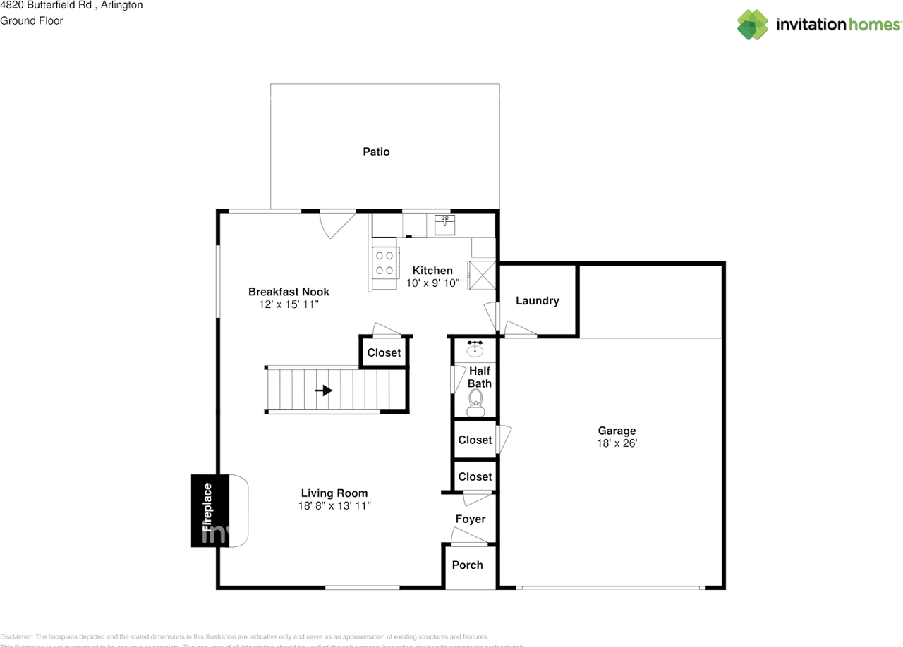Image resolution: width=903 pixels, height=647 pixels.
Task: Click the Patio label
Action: click(x=376, y=152)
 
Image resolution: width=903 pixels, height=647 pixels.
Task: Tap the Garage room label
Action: click(x=617, y=431)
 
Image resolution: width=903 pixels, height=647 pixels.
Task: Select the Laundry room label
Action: click(x=537, y=301)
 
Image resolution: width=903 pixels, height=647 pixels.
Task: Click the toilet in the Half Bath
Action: click(x=475, y=407)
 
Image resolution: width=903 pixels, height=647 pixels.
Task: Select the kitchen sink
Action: click(x=444, y=225)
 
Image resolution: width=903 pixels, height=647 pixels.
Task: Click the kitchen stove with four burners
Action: click(x=385, y=263)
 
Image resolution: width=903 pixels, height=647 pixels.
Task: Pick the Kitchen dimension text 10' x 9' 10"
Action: click(x=432, y=283)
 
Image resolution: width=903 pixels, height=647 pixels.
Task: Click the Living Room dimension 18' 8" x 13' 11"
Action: click(x=334, y=505)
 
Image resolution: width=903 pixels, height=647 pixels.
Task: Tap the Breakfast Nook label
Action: click(x=289, y=292)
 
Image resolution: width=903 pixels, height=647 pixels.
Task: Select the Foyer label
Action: click(x=470, y=519)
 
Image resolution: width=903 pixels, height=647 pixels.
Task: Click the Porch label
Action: click(x=467, y=565)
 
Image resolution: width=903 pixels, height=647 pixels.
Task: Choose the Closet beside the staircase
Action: click(x=384, y=352)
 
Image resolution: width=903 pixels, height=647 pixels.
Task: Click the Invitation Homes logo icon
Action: click(x=753, y=25)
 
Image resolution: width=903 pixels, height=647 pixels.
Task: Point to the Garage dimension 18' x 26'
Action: click(x=617, y=443)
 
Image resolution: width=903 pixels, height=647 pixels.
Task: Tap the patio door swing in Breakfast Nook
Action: click(x=334, y=224)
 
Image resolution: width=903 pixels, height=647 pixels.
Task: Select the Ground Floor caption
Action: click(x=32, y=21)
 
